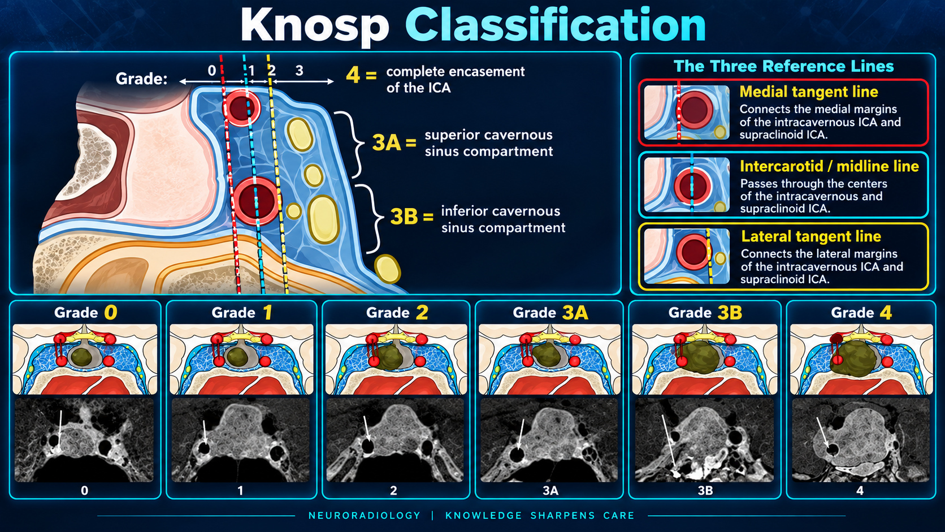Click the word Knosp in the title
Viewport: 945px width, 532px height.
point(314,25)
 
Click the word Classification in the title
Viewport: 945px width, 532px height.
point(556,24)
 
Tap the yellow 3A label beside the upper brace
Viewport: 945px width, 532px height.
point(386,142)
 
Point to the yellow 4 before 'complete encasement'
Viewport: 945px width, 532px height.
point(353,75)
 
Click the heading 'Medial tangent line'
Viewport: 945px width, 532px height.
point(809,92)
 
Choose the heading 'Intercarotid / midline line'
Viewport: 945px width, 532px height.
point(829,166)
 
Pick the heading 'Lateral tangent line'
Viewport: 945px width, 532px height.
point(811,236)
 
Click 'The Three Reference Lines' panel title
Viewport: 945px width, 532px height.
point(783,66)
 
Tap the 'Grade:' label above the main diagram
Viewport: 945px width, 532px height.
point(141,79)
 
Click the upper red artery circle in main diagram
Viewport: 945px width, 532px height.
point(242,107)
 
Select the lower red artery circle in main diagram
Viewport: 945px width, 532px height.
point(257,201)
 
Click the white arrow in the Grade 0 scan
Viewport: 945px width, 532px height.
point(60,430)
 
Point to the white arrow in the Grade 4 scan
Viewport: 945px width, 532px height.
point(824,433)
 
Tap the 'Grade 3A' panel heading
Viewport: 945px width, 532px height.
point(550,313)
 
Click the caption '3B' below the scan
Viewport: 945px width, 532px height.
point(705,491)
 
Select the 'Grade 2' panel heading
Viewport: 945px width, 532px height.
point(397,313)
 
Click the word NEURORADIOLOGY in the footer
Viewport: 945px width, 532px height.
point(365,516)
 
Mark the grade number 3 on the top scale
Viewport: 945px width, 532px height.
point(299,71)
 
